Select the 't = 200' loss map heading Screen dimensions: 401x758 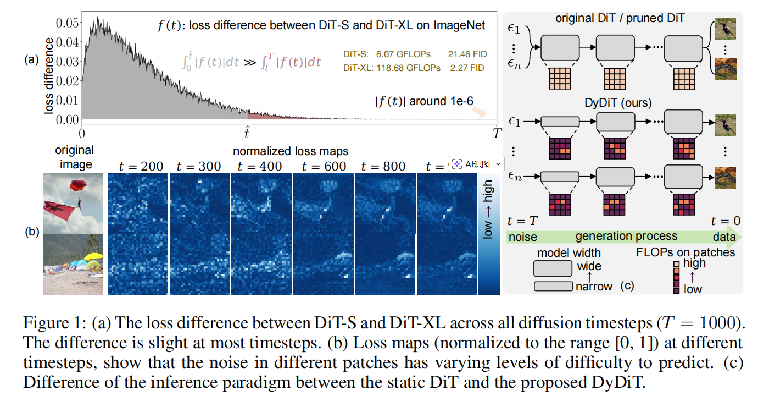137,166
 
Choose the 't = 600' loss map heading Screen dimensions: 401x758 324,166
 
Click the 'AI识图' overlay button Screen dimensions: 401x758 476,164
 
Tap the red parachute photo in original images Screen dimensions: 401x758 73,203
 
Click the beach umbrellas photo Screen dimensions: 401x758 73,265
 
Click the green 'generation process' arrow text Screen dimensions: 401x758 626,237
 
